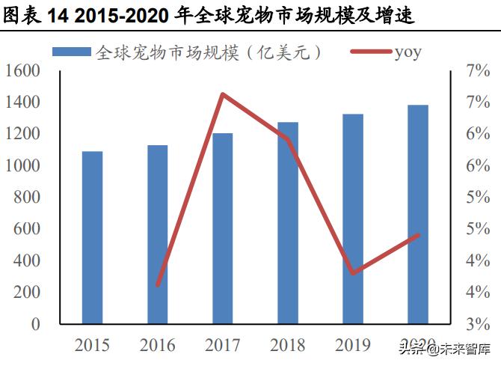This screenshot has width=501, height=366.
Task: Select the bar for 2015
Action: (92, 237)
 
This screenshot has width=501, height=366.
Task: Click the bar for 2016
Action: (157, 234)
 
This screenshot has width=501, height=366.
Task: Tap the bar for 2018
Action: (288, 223)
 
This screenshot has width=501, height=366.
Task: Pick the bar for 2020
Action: (418, 214)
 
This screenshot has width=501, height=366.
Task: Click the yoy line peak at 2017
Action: (223, 94)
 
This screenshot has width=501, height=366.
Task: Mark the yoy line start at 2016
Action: (158, 285)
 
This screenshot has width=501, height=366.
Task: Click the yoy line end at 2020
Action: (418, 235)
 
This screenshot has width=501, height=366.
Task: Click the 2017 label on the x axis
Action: (222, 345)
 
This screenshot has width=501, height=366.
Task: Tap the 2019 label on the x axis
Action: (352, 345)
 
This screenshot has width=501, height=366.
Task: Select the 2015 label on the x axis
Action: (92, 345)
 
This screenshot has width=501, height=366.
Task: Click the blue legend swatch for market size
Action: (72, 52)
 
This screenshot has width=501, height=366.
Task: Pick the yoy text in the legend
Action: (408, 52)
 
